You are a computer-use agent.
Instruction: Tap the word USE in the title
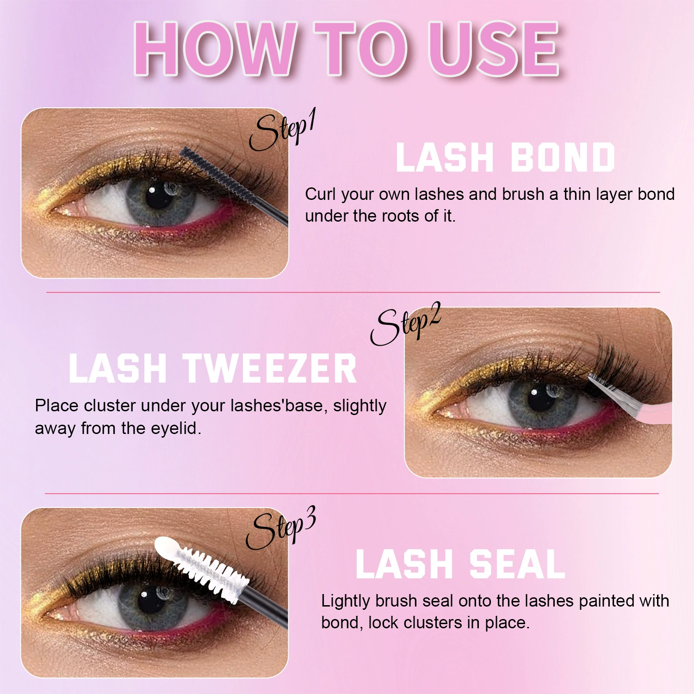[x=495, y=49]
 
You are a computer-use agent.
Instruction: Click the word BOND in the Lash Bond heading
[x=563, y=157]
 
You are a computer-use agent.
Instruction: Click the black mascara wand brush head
[x=218, y=176]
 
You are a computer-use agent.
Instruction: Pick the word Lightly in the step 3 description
[x=346, y=601]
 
